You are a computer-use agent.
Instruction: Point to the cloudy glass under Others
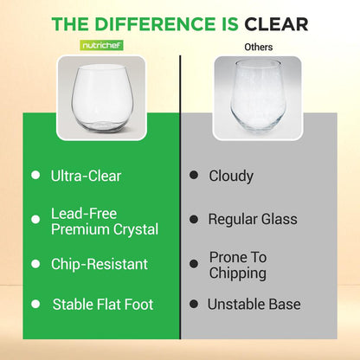(x=256, y=98)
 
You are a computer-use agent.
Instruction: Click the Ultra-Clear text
(x=86, y=176)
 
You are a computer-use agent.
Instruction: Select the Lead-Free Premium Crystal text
(x=105, y=222)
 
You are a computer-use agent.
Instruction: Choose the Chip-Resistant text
(x=100, y=264)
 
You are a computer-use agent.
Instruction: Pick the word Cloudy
(x=231, y=176)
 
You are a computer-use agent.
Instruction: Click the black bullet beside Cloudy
(x=193, y=176)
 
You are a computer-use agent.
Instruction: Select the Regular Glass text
(x=252, y=219)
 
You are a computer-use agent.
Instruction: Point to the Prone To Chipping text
(x=238, y=265)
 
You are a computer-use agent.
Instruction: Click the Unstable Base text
(x=254, y=305)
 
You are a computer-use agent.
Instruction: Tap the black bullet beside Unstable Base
(x=193, y=305)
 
